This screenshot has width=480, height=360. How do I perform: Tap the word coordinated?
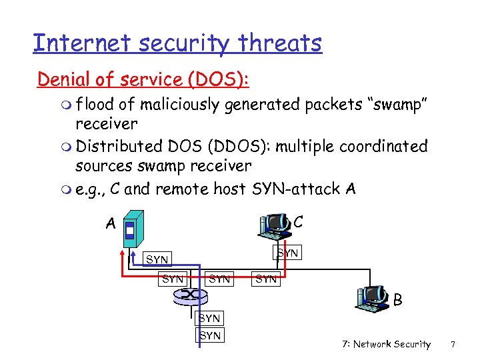tap(383, 146)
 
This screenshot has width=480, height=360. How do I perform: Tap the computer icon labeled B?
tap(373, 297)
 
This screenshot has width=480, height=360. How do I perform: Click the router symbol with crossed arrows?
tap(192, 294)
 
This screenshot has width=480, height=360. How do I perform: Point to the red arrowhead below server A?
tap(123, 252)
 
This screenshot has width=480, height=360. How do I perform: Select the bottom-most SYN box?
tap(210, 335)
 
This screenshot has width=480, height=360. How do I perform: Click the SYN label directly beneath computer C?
tap(287, 253)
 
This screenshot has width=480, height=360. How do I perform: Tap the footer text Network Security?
tap(391, 344)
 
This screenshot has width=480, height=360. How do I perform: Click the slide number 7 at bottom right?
tap(453, 344)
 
